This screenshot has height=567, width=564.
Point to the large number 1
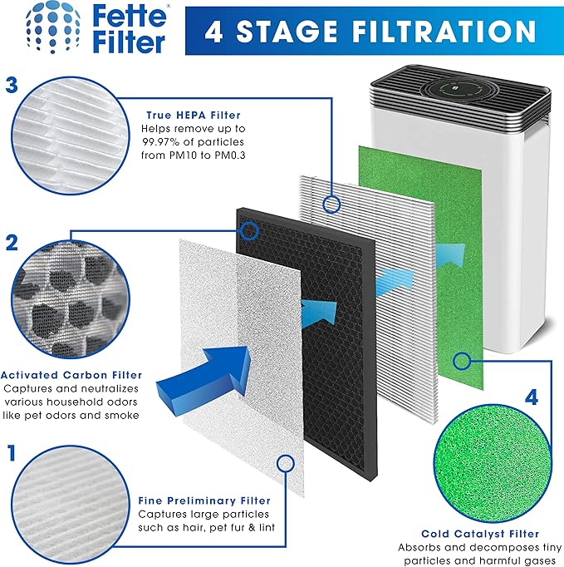pyautogui.click(x=12, y=453)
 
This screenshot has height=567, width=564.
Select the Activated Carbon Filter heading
pyautogui.click(x=71, y=375)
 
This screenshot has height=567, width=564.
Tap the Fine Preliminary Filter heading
pyautogui.click(x=204, y=500)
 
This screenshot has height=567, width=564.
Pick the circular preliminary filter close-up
pyautogui.click(x=68, y=506)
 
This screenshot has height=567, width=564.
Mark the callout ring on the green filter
pyautogui.click(x=463, y=361)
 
